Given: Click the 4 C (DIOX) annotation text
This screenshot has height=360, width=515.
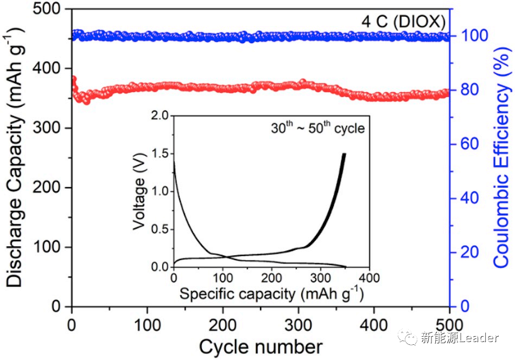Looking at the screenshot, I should coord(404,22).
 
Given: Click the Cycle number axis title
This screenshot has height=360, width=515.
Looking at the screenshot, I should coord(260,345).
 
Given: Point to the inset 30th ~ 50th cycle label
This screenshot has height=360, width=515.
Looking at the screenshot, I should coord(317,129).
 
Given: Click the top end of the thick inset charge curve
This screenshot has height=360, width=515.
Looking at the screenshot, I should coord(344,155).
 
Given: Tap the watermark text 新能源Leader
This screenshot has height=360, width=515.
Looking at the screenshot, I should coord(459,338).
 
